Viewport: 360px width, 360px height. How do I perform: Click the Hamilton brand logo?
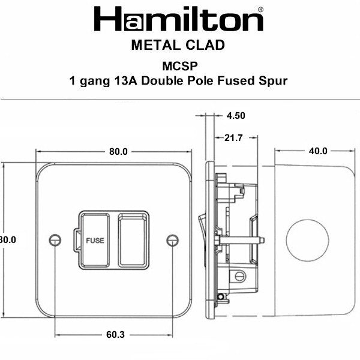tap(178, 20)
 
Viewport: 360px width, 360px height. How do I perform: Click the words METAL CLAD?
tap(178, 46)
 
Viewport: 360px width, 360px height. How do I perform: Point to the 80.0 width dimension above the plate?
tap(118, 151)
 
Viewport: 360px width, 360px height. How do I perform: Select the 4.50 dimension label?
tap(236, 116)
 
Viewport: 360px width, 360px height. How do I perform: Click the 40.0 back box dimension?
tap(317, 151)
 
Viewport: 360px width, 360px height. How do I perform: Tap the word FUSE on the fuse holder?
tap(95, 240)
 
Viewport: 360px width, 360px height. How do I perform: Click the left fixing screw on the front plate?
tap(56, 239)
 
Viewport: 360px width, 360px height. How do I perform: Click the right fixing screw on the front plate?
tap(172, 239)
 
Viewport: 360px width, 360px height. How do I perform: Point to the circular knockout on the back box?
tap(307, 239)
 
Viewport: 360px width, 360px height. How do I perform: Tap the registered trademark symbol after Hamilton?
tap(259, 10)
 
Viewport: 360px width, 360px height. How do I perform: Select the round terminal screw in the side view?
tap(239, 276)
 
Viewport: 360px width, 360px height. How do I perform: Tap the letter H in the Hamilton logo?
tap(107, 20)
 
